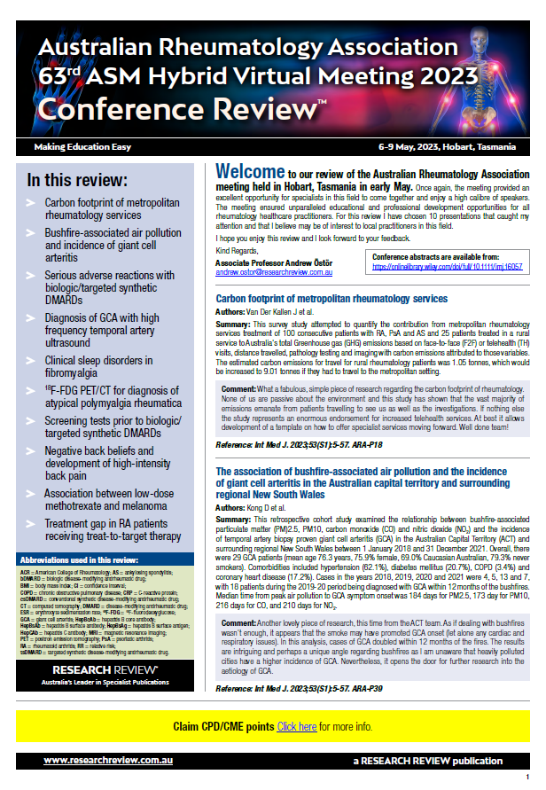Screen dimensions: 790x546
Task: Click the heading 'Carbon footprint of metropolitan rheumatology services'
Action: (x=331, y=299)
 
